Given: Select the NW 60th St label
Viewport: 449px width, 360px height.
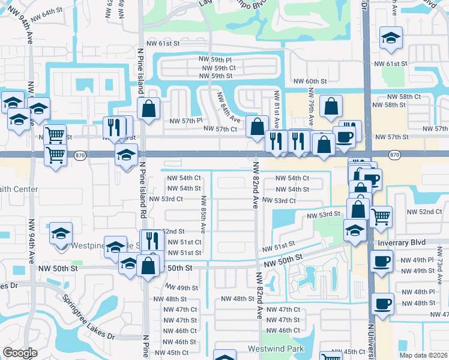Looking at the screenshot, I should click(x=310, y=81).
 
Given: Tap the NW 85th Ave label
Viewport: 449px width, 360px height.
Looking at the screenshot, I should click(x=203, y=214).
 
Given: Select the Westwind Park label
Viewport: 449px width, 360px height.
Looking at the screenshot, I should click(x=276, y=349).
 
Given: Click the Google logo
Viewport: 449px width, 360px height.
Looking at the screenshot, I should click(x=20, y=352).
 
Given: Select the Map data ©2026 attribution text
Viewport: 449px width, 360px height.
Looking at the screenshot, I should click(x=424, y=355).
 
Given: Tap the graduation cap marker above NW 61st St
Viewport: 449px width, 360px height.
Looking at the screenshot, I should click(x=391, y=38).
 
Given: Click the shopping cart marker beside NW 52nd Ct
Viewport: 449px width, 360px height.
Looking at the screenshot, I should click(x=381, y=217).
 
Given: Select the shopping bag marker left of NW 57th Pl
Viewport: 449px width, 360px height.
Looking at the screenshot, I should click(x=149, y=109).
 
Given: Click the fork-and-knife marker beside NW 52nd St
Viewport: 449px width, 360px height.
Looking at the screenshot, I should click(x=152, y=241).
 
